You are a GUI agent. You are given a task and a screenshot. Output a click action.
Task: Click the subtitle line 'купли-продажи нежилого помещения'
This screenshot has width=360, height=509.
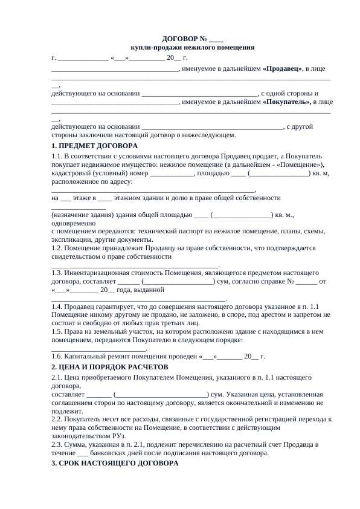tap(193, 47)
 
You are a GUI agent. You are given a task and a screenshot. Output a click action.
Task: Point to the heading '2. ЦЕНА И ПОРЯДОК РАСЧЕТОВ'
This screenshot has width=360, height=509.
tap(110, 367)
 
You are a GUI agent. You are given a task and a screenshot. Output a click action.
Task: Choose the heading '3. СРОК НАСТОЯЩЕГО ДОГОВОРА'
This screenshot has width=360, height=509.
tap(115, 463)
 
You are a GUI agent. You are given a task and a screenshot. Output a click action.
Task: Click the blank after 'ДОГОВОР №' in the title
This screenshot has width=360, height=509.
tap(216, 39)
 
